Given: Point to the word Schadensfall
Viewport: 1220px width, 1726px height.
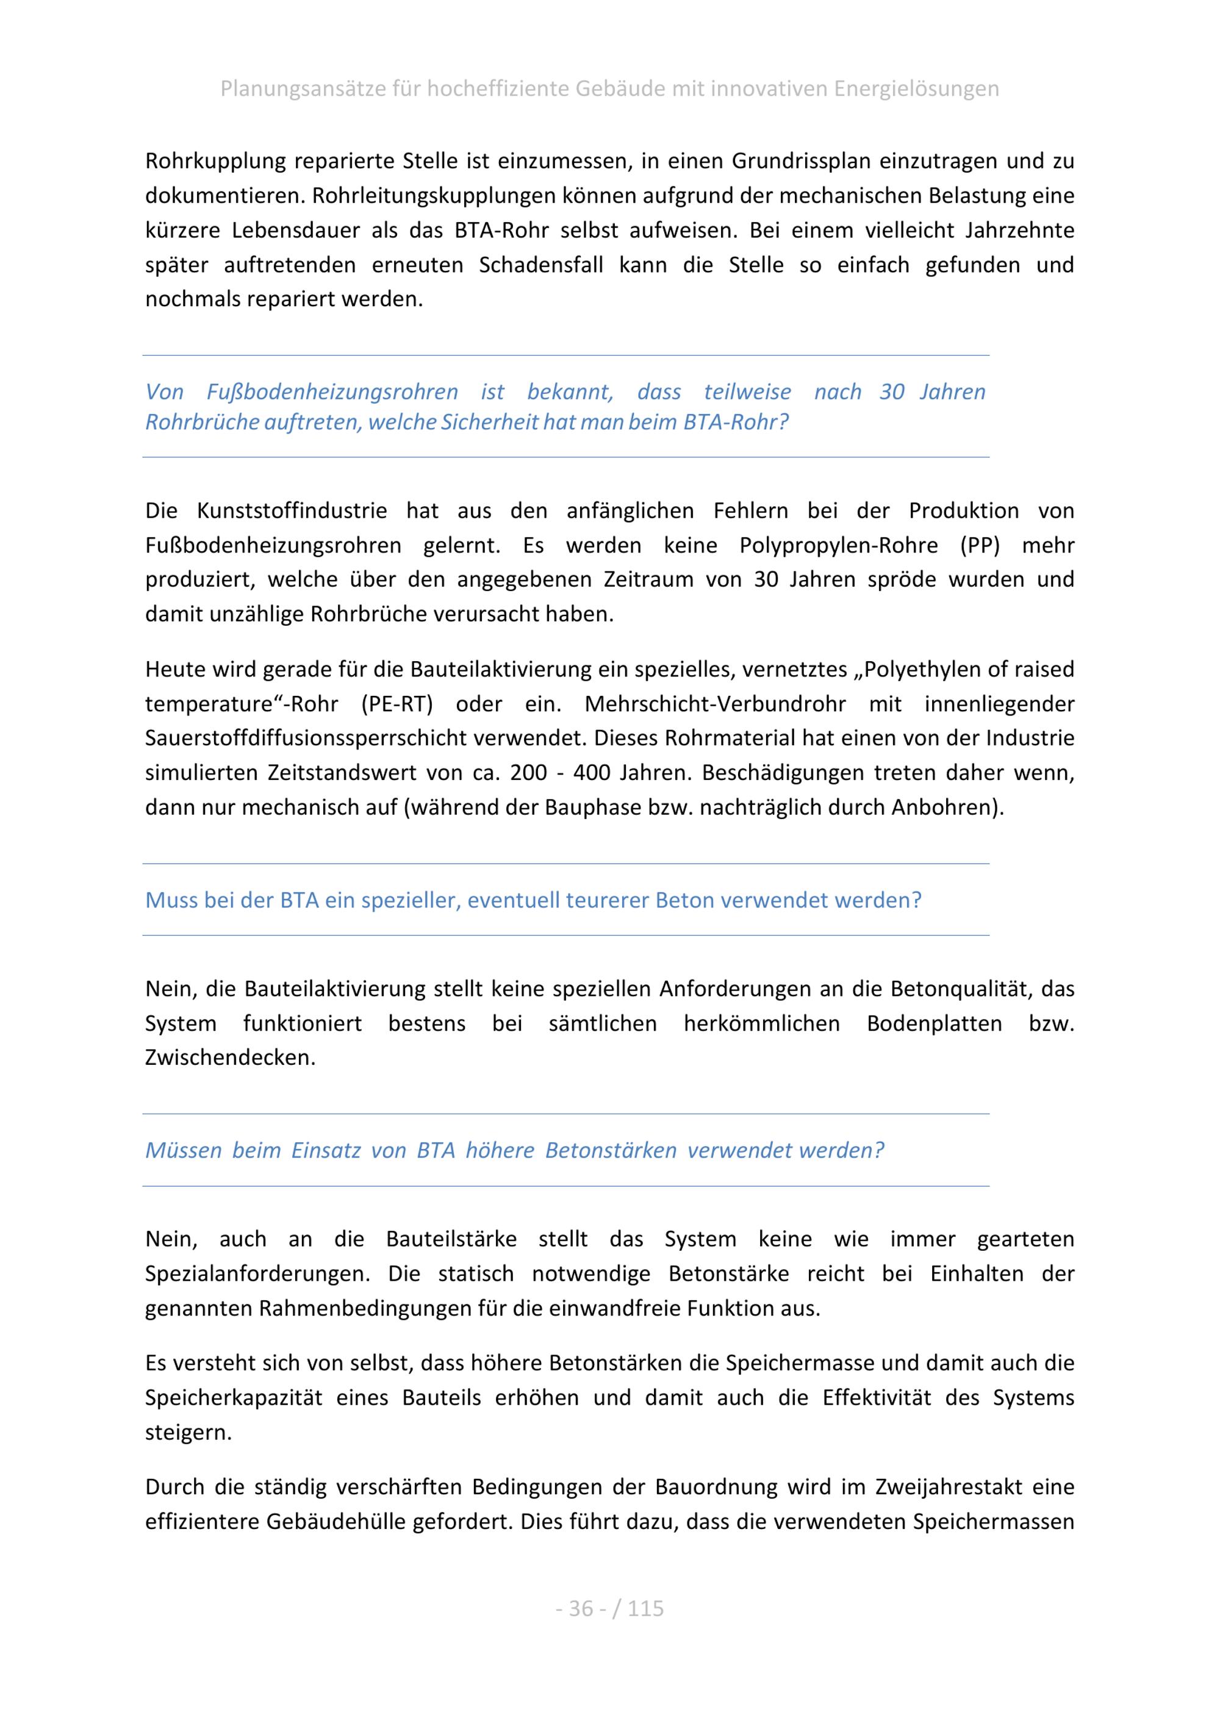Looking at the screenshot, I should click(x=540, y=265).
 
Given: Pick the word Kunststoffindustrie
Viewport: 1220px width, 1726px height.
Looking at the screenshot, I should click(x=292, y=510).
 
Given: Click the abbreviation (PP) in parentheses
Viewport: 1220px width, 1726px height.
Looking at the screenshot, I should click(x=980, y=545).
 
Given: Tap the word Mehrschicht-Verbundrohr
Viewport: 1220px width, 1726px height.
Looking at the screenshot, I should click(x=715, y=704).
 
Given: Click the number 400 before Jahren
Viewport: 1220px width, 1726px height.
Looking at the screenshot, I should click(x=592, y=773).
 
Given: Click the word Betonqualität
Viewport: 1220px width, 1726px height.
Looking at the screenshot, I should click(x=958, y=989).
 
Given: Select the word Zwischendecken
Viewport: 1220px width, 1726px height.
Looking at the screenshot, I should click(x=229, y=1058).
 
